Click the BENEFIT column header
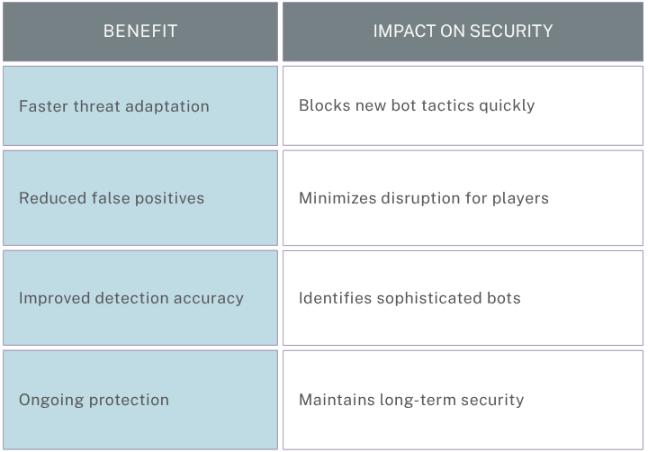click(x=140, y=31)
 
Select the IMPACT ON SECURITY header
click(x=463, y=31)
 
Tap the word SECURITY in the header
click(x=511, y=31)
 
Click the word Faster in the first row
click(x=43, y=106)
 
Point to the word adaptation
click(x=167, y=106)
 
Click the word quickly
click(x=507, y=106)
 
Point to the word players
click(x=520, y=199)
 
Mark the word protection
click(x=129, y=401)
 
